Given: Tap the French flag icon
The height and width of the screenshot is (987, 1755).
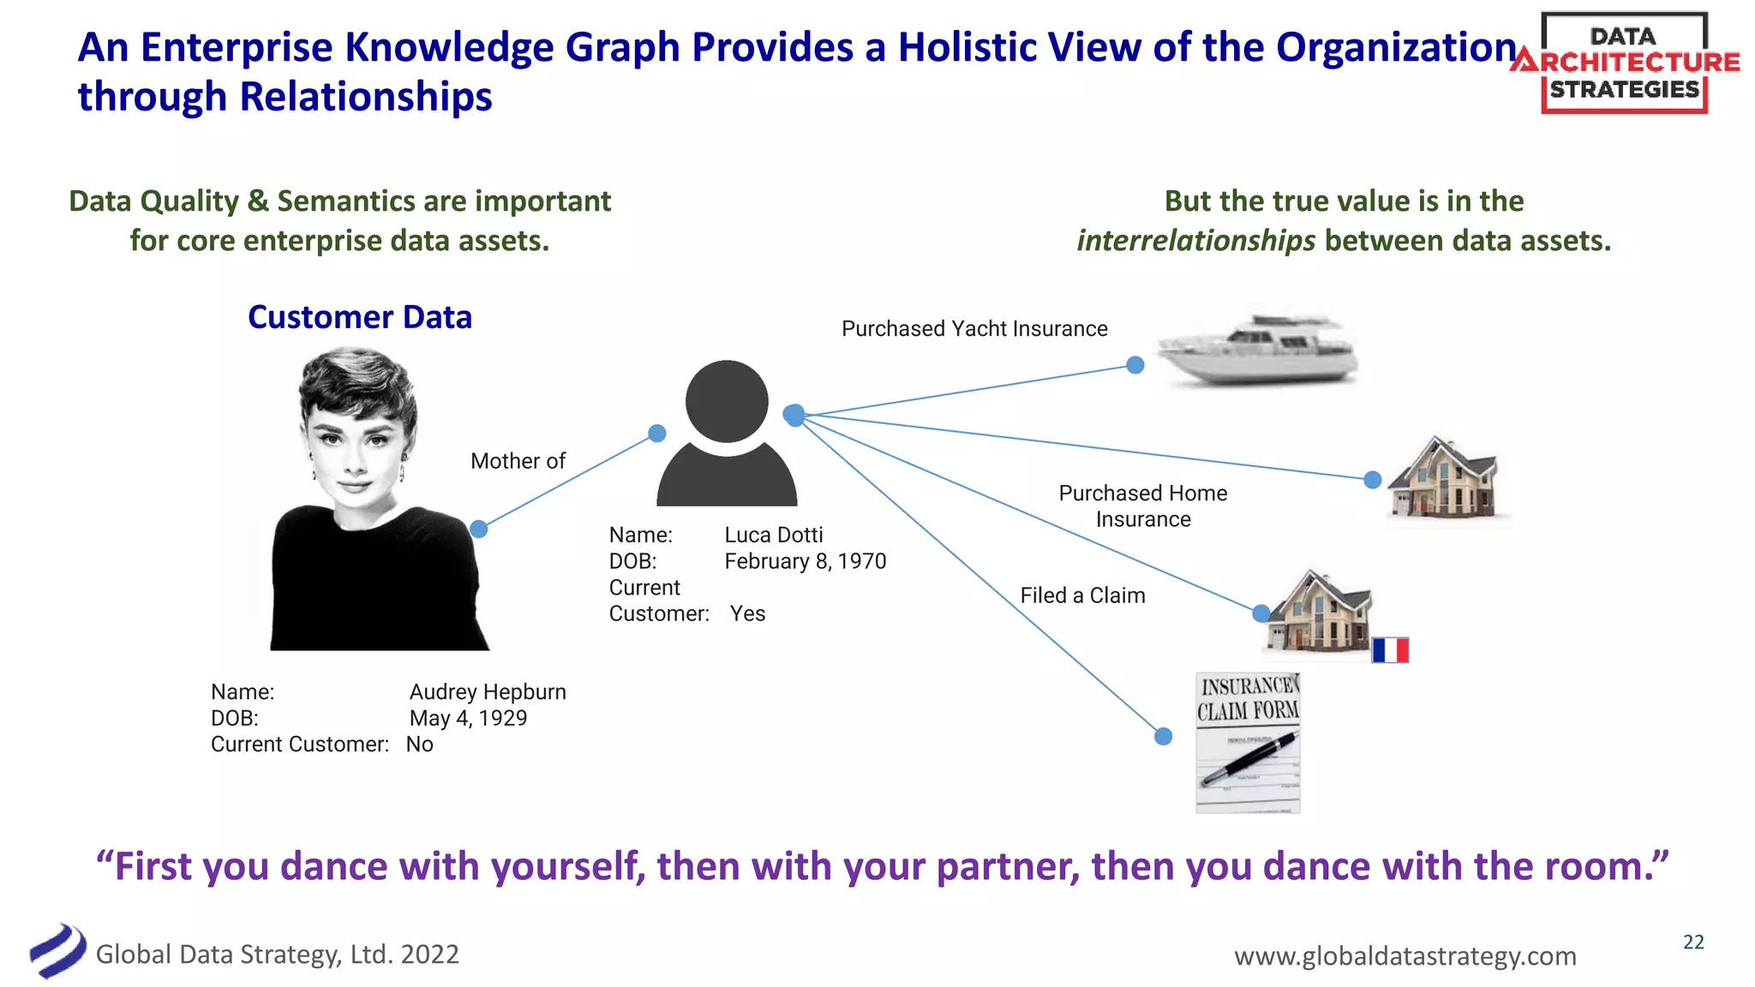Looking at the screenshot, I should point(1390,650).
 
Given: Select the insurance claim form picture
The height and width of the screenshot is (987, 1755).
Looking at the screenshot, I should point(1248,743).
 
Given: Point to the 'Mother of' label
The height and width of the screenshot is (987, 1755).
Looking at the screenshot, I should point(518,461).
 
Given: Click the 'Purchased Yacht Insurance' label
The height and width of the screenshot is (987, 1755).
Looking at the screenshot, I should point(974,329).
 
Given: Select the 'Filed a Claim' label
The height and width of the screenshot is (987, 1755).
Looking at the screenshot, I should point(1082,595).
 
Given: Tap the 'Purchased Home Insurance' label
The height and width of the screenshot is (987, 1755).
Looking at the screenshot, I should point(1142,506).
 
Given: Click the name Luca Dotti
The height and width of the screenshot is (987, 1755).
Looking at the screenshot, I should point(773,535).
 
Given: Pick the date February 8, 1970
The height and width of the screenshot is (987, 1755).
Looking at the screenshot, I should point(805,562).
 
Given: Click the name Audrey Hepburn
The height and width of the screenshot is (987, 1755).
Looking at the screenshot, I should point(487,692).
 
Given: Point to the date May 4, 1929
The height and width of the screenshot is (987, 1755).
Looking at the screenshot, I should point(468,719).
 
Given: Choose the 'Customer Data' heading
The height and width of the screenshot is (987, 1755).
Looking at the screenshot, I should point(359,318).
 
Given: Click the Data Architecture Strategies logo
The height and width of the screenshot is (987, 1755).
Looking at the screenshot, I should point(1624,63).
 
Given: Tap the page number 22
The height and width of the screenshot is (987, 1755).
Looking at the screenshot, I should point(1693,942).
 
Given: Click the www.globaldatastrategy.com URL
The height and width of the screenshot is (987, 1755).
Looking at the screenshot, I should point(1405,956).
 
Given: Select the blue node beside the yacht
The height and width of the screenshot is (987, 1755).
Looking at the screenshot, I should point(1135,366).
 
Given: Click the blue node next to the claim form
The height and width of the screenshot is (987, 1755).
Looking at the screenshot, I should point(1163,737).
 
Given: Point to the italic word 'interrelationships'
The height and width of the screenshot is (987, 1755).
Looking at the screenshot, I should point(1195,241).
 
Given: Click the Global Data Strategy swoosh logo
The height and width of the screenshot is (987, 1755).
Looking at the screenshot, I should point(57,951).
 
